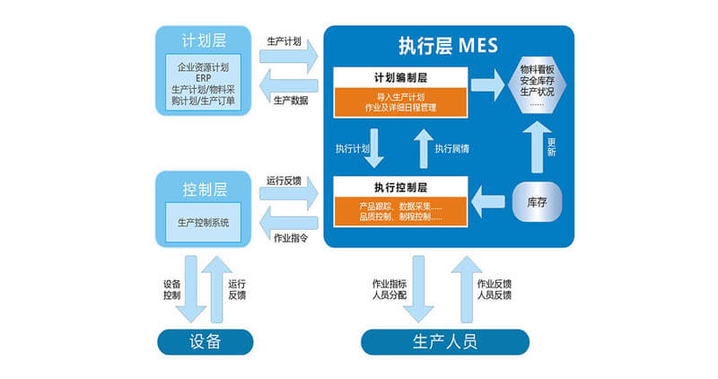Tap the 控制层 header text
pyautogui.click(x=205, y=189)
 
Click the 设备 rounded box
pyautogui.click(x=205, y=341)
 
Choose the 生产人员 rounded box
pyautogui.click(x=445, y=341)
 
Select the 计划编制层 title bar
pyautogui.click(x=400, y=78)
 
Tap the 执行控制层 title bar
pyautogui.click(x=400, y=187)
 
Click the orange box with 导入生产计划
pyautogui.click(x=400, y=102)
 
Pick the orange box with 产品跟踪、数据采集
pyautogui.click(x=400, y=212)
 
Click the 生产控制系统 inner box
pyautogui.click(x=205, y=223)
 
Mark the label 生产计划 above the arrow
pyautogui.click(x=285, y=41)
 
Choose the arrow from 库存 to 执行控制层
pyautogui.click(x=488, y=198)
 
